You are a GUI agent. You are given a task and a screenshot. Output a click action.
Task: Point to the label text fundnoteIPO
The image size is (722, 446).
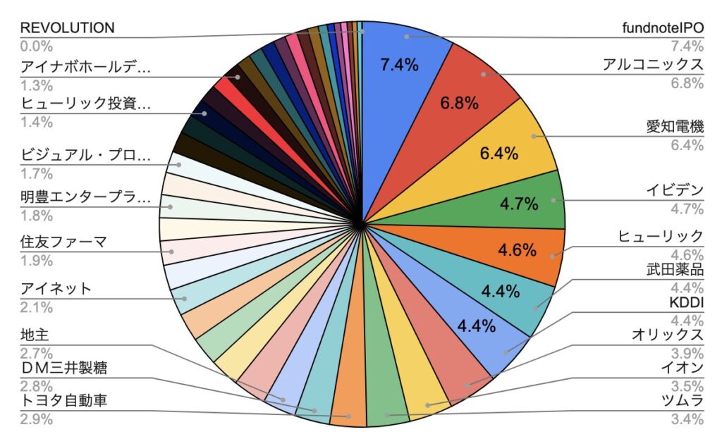pyautogui.click(x=663, y=29)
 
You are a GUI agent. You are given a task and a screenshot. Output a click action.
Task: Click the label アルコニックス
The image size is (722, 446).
pyautogui.click(x=653, y=65)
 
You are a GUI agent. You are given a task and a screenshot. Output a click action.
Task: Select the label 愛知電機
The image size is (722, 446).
pyautogui.click(x=675, y=128)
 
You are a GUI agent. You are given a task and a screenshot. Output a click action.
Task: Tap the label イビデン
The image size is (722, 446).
pyautogui.click(x=675, y=190)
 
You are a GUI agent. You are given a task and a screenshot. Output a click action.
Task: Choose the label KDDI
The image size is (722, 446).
pyautogui.click(x=687, y=302)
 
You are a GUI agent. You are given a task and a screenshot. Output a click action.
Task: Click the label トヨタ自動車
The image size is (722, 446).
pyautogui.click(x=68, y=402)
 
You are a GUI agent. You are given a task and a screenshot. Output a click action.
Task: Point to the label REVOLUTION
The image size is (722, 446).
pyautogui.click(x=67, y=28)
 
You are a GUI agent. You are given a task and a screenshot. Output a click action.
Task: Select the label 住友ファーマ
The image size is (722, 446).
pyautogui.click(x=63, y=243)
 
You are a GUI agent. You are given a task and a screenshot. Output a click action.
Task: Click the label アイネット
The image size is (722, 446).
pyautogui.click(x=56, y=289)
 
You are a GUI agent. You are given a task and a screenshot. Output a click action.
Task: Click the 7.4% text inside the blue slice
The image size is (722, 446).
pyautogui.click(x=399, y=66)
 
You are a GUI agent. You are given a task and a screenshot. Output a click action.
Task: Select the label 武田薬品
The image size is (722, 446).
pyautogui.click(x=675, y=270)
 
